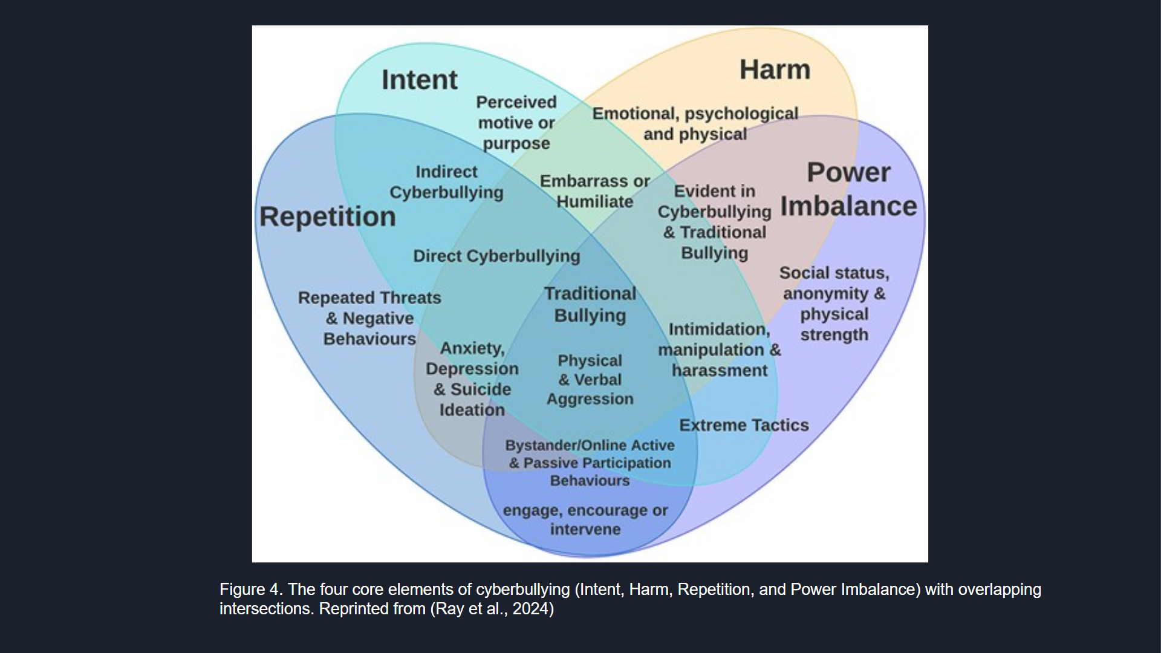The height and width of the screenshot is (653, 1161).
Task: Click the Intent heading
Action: pyautogui.click(x=419, y=80)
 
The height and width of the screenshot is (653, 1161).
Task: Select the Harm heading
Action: pyautogui.click(x=775, y=70)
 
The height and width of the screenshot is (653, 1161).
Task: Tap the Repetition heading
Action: pyautogui.click(x=328, y=216)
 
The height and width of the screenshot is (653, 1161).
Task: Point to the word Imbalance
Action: pyautogui.click(x=848, y=206)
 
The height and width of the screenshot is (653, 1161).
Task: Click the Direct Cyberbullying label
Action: pyautogui.click(x=496, y=256)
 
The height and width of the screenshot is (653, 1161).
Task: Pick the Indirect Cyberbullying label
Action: pyautogui.click(x=446, y=182)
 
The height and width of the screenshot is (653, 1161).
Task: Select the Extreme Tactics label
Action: pyautogui.click(x=744, y=425)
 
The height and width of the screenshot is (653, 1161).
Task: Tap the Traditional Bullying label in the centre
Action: pyautogui.click(x=590, y=304)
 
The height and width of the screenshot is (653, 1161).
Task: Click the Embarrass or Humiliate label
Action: pyautogui.click(x=594, y=191)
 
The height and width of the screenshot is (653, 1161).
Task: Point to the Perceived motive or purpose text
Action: pyautogui.click(x=516, y=123)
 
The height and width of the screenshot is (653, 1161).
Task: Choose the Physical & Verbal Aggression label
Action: pyautogui.click(x=590, y=380)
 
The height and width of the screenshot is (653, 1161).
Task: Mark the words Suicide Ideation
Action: pyautogui.click(x=472, y=400)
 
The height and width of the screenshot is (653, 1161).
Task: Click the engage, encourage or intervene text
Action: pyautogui.click(x=585, y=519)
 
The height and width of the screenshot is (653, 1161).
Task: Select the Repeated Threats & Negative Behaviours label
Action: pyautogui.click(x=369, y=318)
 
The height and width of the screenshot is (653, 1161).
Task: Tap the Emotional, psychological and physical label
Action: pyautogui.click(x=695, y=124)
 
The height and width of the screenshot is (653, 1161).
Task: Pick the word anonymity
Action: pyautogui.click(x=826, y=294)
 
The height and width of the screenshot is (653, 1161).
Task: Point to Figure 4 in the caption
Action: pyautogui.click(x=250, y=590)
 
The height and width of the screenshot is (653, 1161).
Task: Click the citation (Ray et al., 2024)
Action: pyautogui.click(x=492, y=609)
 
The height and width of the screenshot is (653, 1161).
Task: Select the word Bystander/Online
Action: pyautogui.click(x=556, y=446)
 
